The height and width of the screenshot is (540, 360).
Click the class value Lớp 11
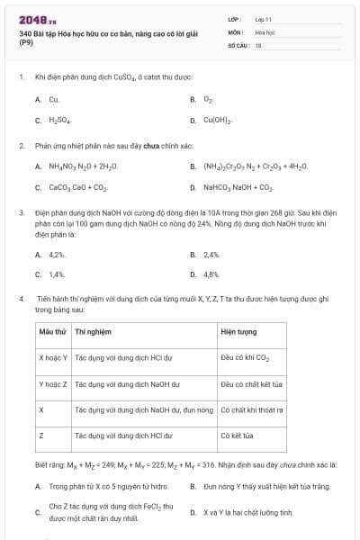pos(264,18)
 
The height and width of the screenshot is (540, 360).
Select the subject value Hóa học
pos(265,31)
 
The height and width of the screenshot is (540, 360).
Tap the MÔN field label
pos(236,31)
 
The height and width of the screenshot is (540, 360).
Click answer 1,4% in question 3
pos(57,274)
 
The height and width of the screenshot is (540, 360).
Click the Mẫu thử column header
pos(53,332)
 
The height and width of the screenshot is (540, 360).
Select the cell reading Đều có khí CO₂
pos(246,357)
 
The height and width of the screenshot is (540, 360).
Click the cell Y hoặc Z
pos(53,383)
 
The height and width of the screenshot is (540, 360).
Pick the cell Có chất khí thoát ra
pos(252,409)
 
